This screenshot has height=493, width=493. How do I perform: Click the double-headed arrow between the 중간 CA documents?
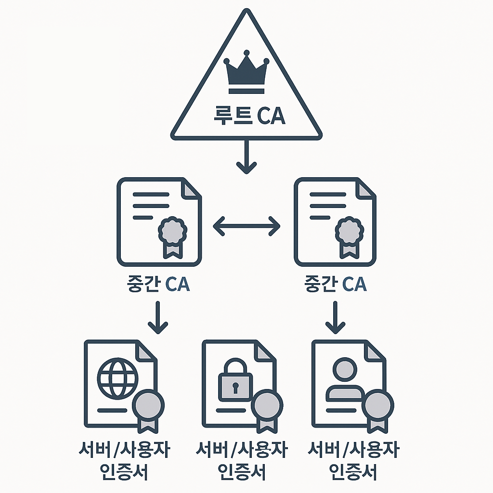click(x=246, y=225)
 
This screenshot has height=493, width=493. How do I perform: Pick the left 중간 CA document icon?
click(x=159, y=221)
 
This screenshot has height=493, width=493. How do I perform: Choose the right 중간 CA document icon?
click(x=335, y=221)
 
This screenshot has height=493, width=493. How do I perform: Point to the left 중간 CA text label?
click(x=157, y=284)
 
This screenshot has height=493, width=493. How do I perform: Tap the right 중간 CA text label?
click(x=335, y=284)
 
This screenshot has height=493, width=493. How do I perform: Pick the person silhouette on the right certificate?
click(x=344, y=380)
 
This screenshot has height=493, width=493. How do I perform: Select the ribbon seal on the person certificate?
click(x=377, y=408)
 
